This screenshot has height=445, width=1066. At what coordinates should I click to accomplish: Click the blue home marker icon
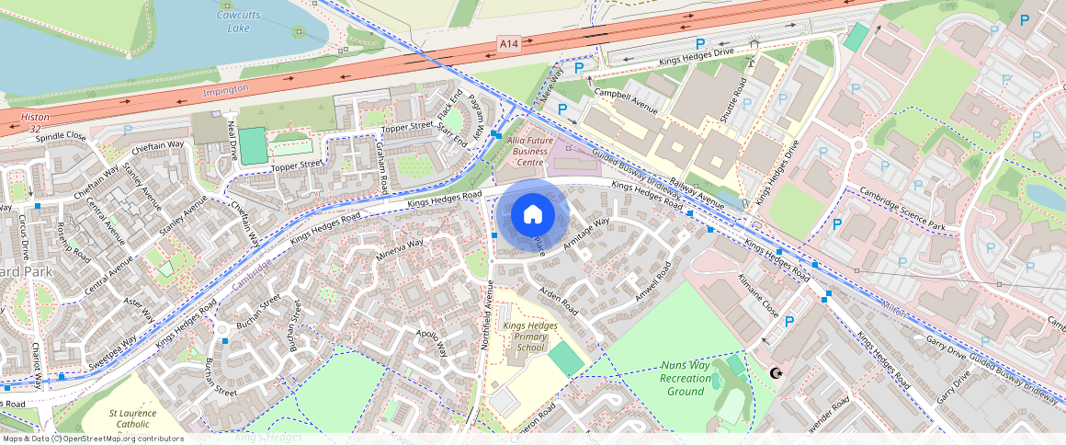tap(533, 215)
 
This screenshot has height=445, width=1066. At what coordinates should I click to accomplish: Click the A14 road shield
tap(509, 43)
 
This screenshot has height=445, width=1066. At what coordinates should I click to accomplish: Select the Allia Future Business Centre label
tap(529, 151)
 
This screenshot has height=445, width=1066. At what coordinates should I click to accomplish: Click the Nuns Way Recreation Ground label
tap(686, 378)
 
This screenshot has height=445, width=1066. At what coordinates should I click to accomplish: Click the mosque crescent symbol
tap(776, 373)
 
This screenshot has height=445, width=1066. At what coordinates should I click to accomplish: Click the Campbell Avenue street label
tap(626, 100)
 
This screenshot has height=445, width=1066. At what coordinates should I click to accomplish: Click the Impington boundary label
tap(225, 89)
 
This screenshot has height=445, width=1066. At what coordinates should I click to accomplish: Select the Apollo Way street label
tap(431, 343)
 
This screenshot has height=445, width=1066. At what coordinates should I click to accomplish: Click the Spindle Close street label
tap(62, 136)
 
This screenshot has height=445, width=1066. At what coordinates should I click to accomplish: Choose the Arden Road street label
tap(558, 302)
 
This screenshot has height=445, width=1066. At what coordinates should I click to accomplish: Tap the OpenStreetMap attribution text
tap(92, 439)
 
